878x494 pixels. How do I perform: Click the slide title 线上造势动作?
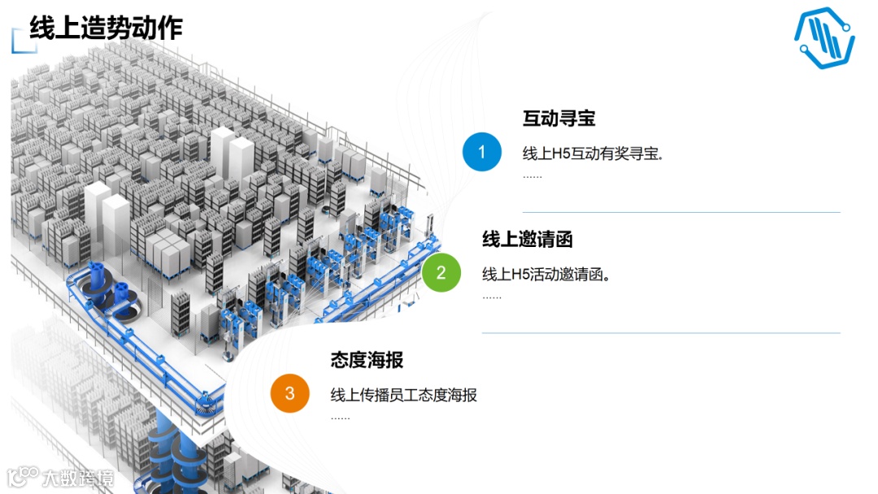(106, 28)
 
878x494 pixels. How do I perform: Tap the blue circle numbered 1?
(482, 152)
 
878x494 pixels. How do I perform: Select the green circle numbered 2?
(441, 272)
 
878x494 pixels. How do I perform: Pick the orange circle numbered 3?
(290, 394)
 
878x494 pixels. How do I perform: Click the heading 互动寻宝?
(559, 119)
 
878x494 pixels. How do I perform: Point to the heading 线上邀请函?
(528, 239)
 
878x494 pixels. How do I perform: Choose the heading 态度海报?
(367, 360)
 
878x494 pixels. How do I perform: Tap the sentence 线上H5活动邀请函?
(546, 275)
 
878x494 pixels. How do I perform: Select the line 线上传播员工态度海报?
(403, 396)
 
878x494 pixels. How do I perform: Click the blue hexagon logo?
(824, 37)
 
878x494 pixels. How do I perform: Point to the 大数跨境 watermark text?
(79, 478)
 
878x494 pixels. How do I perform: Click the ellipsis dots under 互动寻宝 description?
(532, 176)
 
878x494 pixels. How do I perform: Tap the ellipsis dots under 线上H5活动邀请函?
(492, 297)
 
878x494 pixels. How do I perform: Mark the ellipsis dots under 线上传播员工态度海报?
(340, 418)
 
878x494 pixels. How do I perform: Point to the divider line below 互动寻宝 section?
(681, 212)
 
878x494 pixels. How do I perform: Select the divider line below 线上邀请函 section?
(661, 333)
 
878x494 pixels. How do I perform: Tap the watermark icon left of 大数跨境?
(22, 477)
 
